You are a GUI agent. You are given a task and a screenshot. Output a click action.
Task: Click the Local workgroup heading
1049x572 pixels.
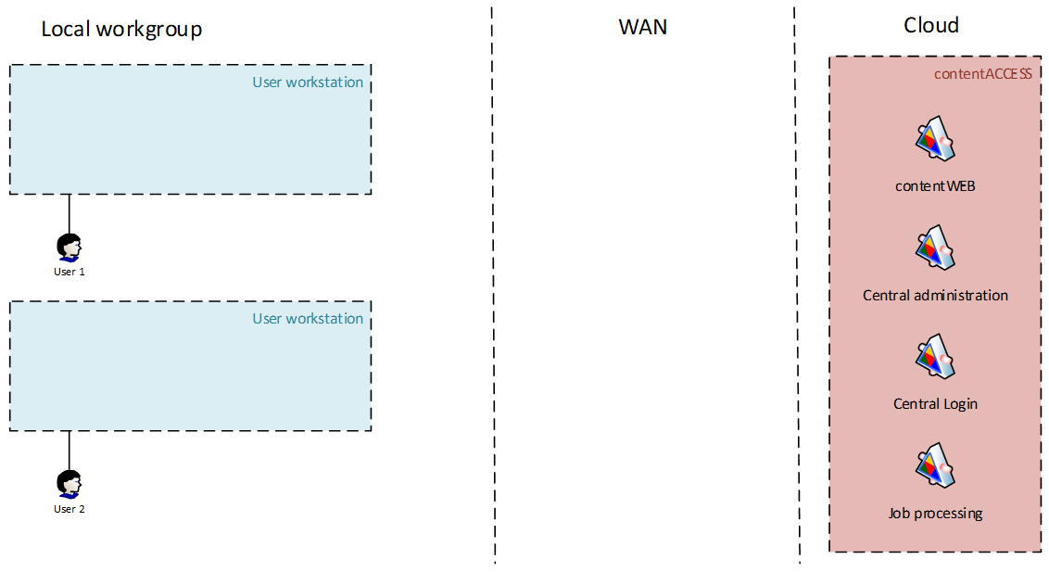point(121,30)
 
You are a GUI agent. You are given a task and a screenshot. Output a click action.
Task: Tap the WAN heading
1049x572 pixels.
point(642,27)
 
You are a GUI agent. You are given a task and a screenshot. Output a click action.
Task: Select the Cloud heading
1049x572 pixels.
point(931,26)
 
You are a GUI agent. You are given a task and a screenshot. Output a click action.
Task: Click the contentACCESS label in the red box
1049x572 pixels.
point(982,73)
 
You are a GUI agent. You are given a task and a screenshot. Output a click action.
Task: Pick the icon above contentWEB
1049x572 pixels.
point(935,140)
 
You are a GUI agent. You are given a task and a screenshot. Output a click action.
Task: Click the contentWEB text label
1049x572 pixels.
point(935,185)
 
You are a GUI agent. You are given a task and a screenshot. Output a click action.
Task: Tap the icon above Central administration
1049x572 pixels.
point(935,248)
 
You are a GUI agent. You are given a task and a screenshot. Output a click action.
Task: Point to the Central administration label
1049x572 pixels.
point(935,295)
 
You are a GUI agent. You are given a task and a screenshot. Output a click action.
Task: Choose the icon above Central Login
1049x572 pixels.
point(935,356)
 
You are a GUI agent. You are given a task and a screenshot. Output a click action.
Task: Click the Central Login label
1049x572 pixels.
point(935,403)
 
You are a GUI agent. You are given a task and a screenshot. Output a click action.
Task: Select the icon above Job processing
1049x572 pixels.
point(935,465)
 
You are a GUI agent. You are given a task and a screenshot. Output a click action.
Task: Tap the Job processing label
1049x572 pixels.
point(935,513)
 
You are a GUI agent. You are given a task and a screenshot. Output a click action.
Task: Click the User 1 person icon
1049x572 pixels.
point(69,248)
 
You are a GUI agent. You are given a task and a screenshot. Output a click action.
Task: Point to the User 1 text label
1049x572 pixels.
point(70,272)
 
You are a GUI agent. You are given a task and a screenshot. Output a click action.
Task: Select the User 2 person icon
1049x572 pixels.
point(69,485)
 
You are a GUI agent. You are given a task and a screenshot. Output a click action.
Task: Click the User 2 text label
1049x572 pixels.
point(70,509)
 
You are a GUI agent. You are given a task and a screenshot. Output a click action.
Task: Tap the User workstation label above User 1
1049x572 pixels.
point(308,83)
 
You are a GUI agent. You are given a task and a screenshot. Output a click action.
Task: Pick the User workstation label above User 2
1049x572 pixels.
point(308,319)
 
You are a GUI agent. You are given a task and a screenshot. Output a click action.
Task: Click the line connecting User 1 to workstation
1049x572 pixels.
point(70,213)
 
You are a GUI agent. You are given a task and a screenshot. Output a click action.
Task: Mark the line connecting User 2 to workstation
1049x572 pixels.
point(70,451)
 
